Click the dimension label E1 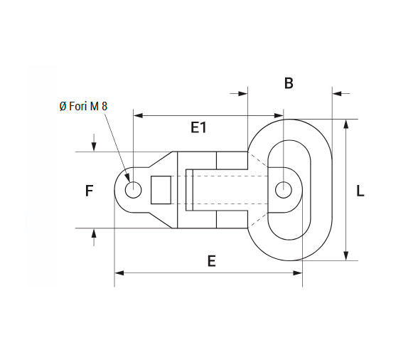point(198,127)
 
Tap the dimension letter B point(289,83)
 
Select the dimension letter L point(360,191)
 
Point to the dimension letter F point(89,191)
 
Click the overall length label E point(211,261)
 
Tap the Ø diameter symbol point(63,106)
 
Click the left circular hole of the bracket point(133,190)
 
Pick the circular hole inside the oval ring point(284,190)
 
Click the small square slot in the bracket point(161,189)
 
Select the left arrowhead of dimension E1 point(138,115)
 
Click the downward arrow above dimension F point(94,147)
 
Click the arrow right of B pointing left point(337,93)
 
